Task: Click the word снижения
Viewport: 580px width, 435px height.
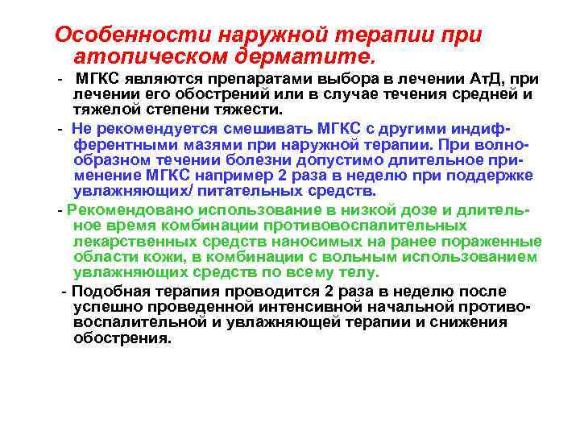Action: click(x=465, y=322)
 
